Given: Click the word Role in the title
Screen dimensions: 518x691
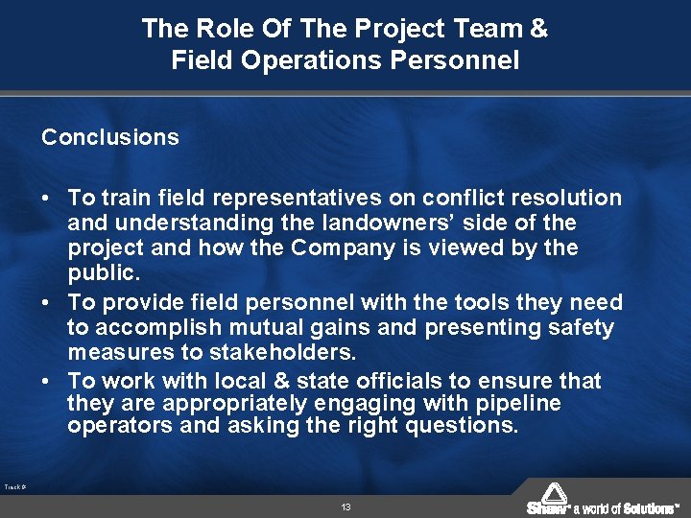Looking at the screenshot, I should click(213, 29).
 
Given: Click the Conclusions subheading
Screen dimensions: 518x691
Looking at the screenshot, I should click(110, 137).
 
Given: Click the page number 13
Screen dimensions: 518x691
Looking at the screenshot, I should click(345, 506).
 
